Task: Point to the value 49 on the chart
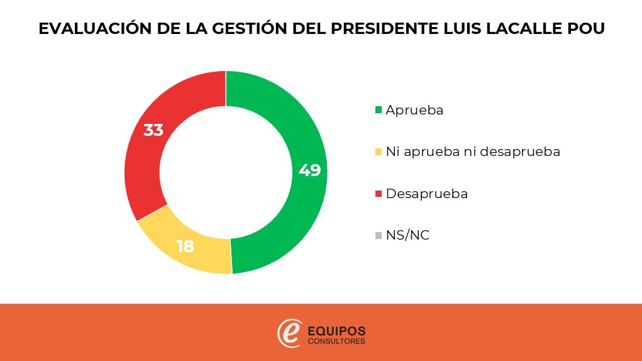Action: pos(309,170)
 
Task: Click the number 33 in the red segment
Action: pos(153,130)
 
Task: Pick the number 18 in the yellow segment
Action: pos(185,247)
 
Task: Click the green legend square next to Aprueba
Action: pos(379,109)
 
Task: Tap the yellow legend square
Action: pos(379,152)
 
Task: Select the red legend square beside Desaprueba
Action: pos(379,193)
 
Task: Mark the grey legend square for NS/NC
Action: pos(379,235)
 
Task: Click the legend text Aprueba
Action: pos(414,110)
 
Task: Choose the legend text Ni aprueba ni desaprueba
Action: pos(473,152)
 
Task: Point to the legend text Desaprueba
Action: pos(426,194)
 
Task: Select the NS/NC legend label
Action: pos(407,235)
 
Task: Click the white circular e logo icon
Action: pos(290,333)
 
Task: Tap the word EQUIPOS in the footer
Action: pos(336,331)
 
